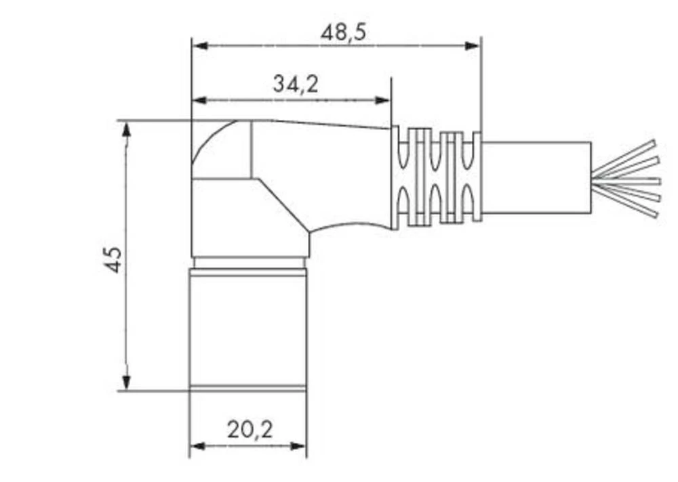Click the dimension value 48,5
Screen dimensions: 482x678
pyautogui.click(x=343, y=32)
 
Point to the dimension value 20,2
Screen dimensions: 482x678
pyautogui.click(x=250, y=429)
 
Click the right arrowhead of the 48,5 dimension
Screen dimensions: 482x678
pyautogui.click(x=473, y=46)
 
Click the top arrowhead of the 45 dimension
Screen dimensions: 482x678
pyautogui.click(x=126, y=129)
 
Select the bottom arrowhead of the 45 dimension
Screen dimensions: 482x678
pyautogui.click(x=126, y=382)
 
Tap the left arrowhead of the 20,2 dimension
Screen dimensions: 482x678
pyautogui.click(x=197, y=446)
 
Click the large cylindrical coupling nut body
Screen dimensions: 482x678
pyautogui.click(x=247, y=328)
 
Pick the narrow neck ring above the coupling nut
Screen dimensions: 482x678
pyautogui.click(x=250, y=262)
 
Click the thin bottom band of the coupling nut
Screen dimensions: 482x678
pyautogui.click(x=247, y=389)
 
